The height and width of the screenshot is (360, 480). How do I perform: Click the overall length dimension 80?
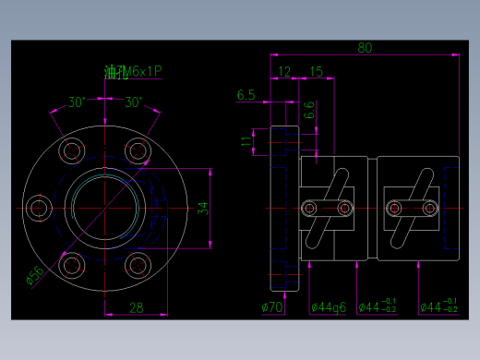(366, 47)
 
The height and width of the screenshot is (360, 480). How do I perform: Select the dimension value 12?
(284, 71)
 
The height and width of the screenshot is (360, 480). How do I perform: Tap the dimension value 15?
(316, 71)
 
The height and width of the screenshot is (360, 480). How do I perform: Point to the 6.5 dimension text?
(246, 95)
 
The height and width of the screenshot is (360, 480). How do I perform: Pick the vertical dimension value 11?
(246, 142)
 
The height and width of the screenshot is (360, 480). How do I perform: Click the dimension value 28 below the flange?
(136, 307)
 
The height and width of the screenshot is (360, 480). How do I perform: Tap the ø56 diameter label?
(35, 275)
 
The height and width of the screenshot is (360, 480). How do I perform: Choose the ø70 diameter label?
(273, 306)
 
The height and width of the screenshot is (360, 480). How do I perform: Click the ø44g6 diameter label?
(328, 306)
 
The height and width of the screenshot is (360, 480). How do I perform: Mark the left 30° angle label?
(77, 102)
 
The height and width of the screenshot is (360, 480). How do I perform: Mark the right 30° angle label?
(134, 102)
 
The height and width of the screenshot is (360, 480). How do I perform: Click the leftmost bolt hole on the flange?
(38, 209)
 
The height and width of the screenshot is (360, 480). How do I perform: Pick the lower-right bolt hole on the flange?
(137, 266)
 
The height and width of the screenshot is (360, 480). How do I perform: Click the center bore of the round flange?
(103, 209)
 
